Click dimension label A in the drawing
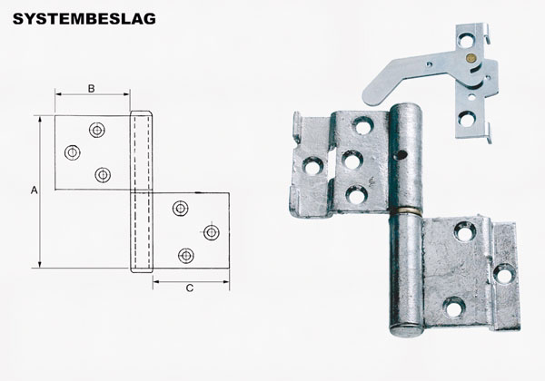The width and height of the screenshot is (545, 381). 34,190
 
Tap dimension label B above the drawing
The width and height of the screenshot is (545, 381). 92,88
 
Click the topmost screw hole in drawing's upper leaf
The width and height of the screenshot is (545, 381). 96,130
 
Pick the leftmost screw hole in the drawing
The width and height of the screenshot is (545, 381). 72,151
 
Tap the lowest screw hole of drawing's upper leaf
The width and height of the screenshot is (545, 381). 103,175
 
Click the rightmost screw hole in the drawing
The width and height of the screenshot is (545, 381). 212,232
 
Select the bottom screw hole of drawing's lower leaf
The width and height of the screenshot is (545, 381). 186,256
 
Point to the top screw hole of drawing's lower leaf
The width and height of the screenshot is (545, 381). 181,210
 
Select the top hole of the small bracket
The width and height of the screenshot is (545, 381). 467,40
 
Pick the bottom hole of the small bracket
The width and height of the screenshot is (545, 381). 466,117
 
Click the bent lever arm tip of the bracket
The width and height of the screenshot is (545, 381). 369,94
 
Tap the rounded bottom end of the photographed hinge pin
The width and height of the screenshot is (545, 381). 407,328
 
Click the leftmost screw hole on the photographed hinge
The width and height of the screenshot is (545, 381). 312,166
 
